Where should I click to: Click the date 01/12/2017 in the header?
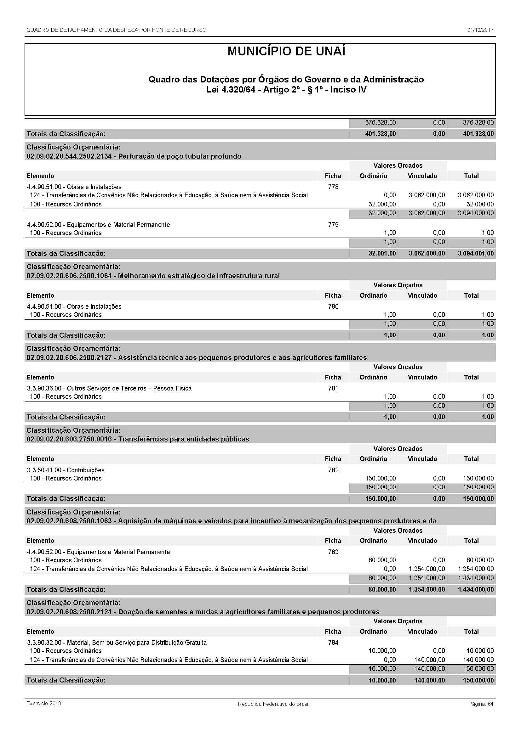480,30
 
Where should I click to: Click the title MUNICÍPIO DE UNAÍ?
286,52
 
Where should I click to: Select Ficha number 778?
333,187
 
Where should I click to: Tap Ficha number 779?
333,225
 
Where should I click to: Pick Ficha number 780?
333,306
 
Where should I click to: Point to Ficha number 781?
333,388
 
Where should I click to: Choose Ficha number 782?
333,470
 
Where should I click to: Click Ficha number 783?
333,552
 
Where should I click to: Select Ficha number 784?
333,643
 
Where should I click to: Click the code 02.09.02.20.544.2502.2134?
69,156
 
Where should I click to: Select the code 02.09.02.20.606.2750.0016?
69,439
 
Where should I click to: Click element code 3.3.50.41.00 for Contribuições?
44,470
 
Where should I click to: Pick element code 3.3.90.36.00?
44,389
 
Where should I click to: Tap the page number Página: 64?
481,704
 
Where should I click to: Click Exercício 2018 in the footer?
44,703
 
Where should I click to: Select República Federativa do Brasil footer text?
273,704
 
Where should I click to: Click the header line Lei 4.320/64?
286,90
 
